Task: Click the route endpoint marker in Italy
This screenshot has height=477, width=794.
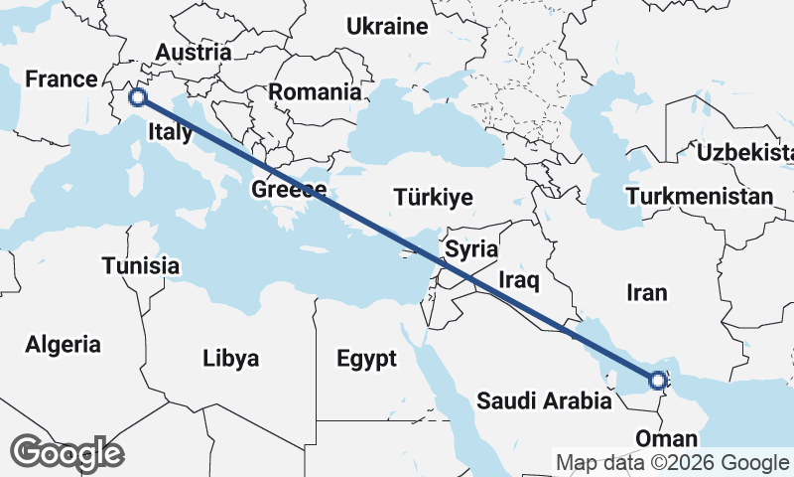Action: coord(138,97)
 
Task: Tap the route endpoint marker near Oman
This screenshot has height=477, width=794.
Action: coord(657,379)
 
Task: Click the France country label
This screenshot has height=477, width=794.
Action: coord(62,79)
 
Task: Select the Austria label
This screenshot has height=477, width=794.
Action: coord(194,52)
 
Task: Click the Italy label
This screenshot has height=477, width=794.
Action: coord(170,132)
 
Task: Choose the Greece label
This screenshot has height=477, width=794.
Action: coord(289,190)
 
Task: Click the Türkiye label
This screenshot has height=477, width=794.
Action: coord(433,196)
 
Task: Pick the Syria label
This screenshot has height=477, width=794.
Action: coord(471,248)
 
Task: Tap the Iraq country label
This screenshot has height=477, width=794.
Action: coord(518,281)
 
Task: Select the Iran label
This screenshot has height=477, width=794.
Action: coord(647,292)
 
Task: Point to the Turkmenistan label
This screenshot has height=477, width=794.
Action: coord(699,196)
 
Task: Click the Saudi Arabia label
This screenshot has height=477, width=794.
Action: coord(544,401)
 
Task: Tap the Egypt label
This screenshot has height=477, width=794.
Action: coord(366,358)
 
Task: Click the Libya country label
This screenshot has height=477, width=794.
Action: coord(230,358)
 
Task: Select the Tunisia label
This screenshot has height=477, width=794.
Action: coord(141,265)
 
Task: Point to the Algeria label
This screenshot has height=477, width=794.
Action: coord(64,345)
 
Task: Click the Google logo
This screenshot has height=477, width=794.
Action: coord(66,453)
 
